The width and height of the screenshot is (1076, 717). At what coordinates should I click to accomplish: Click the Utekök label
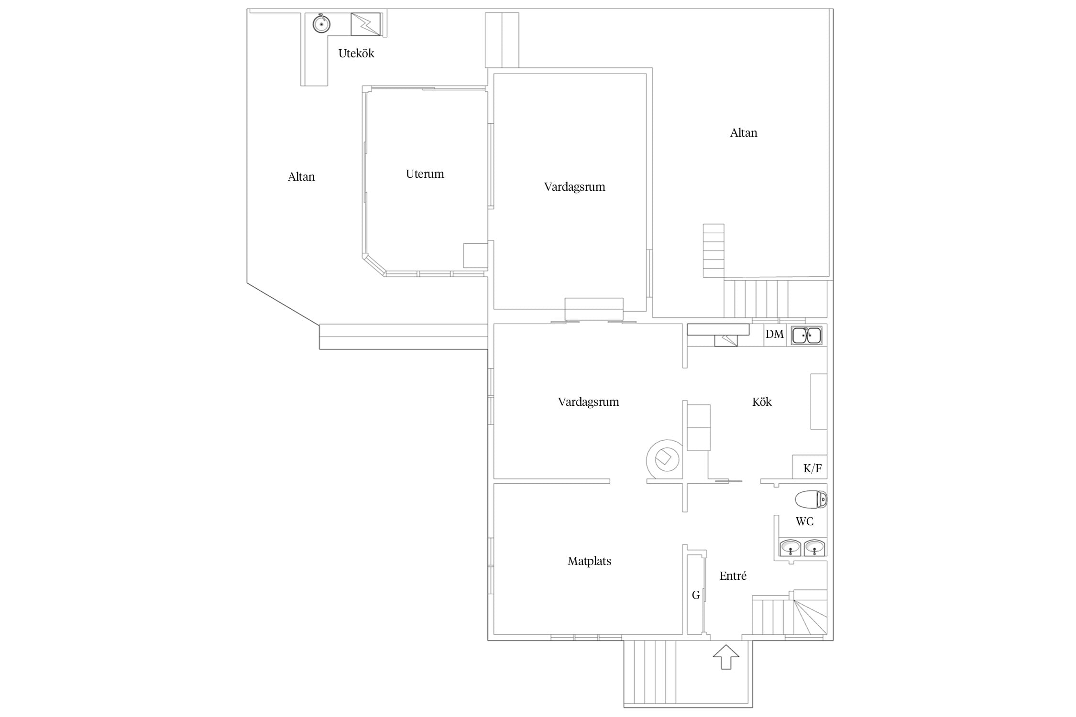356,54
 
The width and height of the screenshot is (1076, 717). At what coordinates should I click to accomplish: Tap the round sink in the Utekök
321,23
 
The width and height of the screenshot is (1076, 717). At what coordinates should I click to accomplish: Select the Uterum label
425,174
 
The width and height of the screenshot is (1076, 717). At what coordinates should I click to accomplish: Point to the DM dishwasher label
775,334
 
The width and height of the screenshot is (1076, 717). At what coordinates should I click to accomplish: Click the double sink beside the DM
807,335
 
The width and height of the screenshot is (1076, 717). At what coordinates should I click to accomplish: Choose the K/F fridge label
812,468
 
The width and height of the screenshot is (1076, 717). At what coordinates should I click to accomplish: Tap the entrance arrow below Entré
726,657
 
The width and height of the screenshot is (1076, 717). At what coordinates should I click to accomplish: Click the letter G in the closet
696,595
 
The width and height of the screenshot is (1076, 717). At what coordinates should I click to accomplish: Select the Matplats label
589,561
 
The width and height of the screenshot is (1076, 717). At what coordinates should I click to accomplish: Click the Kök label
762,402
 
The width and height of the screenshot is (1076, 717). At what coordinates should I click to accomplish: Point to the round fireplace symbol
664,459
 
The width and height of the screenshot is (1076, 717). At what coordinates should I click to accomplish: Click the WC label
804,521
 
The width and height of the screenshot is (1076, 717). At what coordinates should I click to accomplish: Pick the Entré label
733,576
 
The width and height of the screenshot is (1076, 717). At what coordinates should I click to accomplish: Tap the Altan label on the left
301,177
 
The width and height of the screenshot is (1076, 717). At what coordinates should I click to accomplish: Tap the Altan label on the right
744,133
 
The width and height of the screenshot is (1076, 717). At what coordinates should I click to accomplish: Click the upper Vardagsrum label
574,187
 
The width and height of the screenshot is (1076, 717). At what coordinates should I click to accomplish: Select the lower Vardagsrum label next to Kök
588,402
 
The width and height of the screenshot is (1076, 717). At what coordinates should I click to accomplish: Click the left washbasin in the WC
791,548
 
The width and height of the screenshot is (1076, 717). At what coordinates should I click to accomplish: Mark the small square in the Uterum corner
475,256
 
